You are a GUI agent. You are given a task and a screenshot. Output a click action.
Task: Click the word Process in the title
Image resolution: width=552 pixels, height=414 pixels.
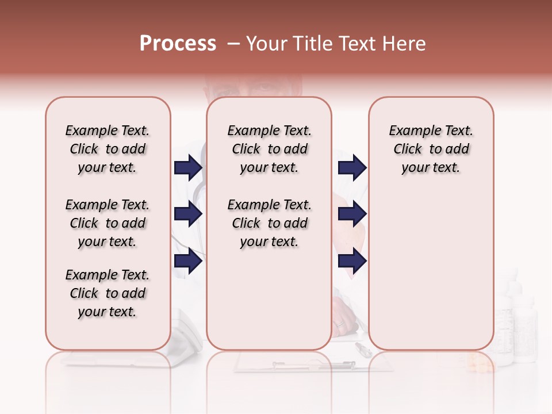tap(177, 44)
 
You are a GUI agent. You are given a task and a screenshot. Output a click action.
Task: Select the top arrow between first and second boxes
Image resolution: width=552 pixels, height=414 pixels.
tap(188, 167)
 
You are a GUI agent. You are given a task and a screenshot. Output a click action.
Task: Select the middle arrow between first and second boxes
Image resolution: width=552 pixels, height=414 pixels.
tap(188, 214)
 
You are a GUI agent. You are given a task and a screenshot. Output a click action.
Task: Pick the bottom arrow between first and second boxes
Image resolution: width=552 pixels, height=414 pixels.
tap(188, 261)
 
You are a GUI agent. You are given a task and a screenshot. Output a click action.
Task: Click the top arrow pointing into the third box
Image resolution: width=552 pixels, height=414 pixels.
tap(352, 167)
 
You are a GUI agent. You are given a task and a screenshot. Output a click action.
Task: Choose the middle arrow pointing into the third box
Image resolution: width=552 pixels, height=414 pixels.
tap(352, 214)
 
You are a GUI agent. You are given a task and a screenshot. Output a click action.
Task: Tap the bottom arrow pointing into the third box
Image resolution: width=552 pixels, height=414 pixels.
tap(352, 261)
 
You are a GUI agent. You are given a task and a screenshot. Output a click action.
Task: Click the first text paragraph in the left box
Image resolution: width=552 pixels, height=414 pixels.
tap(108, 149)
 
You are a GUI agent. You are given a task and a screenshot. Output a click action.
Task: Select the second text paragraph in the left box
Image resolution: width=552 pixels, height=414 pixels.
tap(108, 223)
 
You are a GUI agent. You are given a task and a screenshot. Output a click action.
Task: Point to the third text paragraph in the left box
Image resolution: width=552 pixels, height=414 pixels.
tap(108, 293)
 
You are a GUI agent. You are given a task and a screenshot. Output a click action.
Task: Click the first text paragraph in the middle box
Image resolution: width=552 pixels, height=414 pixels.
tap(269, 149)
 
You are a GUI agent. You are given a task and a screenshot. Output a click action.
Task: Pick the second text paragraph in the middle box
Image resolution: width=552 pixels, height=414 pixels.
tap(269, 223)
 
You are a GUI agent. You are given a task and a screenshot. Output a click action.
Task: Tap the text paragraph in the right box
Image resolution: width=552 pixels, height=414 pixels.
tap(431, 149)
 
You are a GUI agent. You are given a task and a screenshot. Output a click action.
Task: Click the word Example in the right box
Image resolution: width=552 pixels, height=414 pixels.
tap(410, 131)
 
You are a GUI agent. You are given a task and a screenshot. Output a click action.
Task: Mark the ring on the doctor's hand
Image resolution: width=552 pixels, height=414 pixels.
tap(340, 324)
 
